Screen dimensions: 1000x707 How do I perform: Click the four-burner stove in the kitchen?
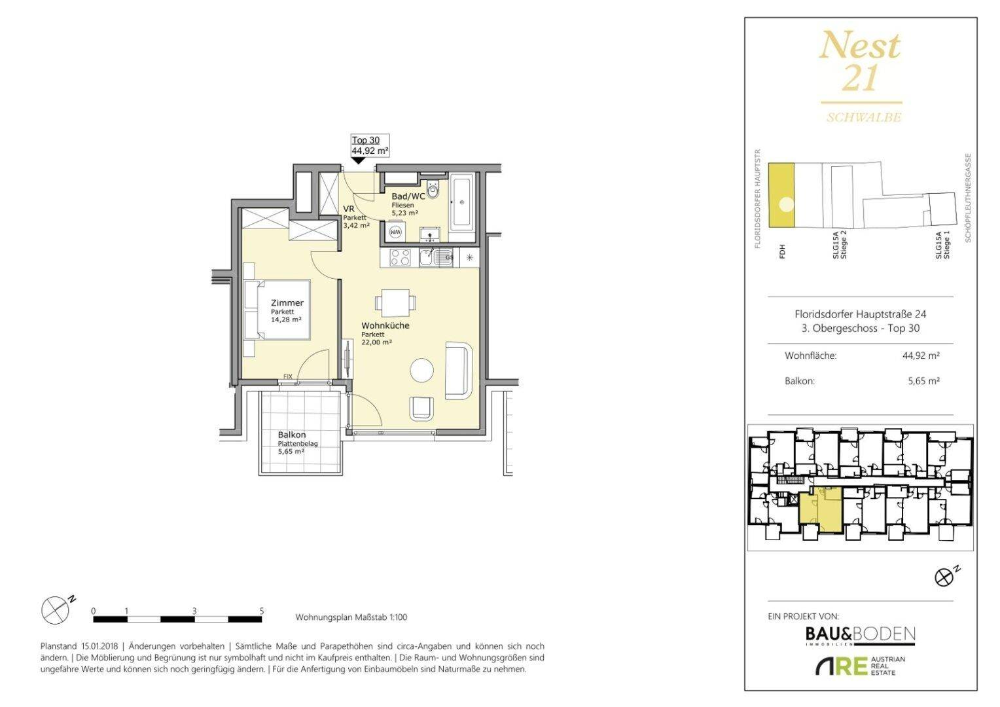coord(400,258)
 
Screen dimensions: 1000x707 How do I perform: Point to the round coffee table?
coord(421,369)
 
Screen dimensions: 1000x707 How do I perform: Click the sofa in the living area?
coord(459,371)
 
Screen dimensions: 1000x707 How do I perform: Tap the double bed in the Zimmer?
coord(277,310)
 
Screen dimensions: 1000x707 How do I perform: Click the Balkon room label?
coord(292,435)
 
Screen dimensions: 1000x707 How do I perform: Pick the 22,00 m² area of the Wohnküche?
coord(376,342)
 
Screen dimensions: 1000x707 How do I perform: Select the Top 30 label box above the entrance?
coord(370,145)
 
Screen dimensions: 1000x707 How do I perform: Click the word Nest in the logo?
coord(860,46)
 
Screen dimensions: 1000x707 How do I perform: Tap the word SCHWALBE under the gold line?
coord(864,117)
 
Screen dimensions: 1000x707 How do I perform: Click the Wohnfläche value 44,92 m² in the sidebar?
coord(921,355)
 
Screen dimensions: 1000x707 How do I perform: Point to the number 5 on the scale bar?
coord(262,611)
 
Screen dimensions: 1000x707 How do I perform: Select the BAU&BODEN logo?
coord(860,634)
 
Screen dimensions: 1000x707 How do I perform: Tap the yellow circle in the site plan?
coord(786,205)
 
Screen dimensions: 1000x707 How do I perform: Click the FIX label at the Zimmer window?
coord(288,376)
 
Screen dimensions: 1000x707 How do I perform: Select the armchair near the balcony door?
coord(421,408)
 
